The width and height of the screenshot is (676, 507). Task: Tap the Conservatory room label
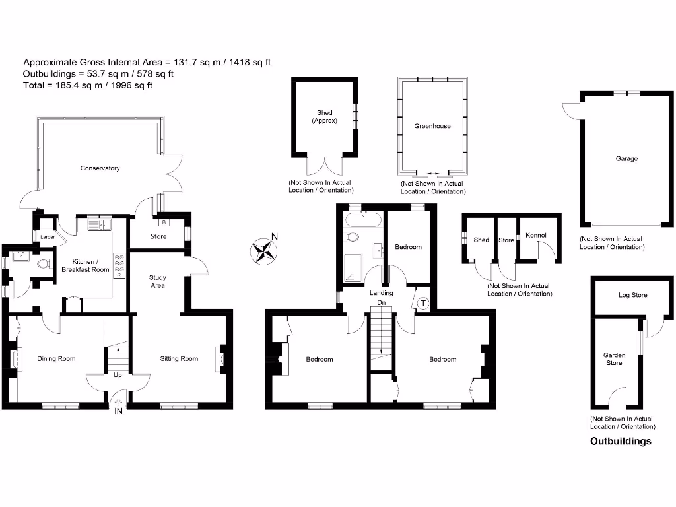[x=100, y=168]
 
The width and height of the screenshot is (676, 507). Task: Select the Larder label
[x=47, y=236]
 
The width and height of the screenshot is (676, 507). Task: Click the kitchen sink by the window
[x=96, y=225]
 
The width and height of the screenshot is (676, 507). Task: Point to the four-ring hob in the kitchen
[x=120, y=265]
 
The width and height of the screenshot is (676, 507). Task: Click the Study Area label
[x=157, y=281]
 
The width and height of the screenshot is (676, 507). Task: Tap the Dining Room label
[x=56, y=359]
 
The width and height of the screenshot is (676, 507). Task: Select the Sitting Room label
[x=179, y=359]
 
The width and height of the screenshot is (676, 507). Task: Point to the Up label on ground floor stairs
[x=118, y=375]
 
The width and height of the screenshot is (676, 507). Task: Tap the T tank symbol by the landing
[x=422, y=303]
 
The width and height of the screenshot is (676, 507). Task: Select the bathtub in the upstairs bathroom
[x=362, y=220]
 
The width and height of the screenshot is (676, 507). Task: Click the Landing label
[x=381, y=293]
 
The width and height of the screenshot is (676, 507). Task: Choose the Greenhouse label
[x=432, y=126]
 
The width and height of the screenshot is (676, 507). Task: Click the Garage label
[x=626, y=159]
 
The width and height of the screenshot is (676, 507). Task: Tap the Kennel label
[x=535, y=236]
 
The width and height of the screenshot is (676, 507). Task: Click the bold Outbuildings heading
[x=620, y=442]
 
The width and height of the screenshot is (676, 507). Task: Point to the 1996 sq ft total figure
[x=133, y=85]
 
